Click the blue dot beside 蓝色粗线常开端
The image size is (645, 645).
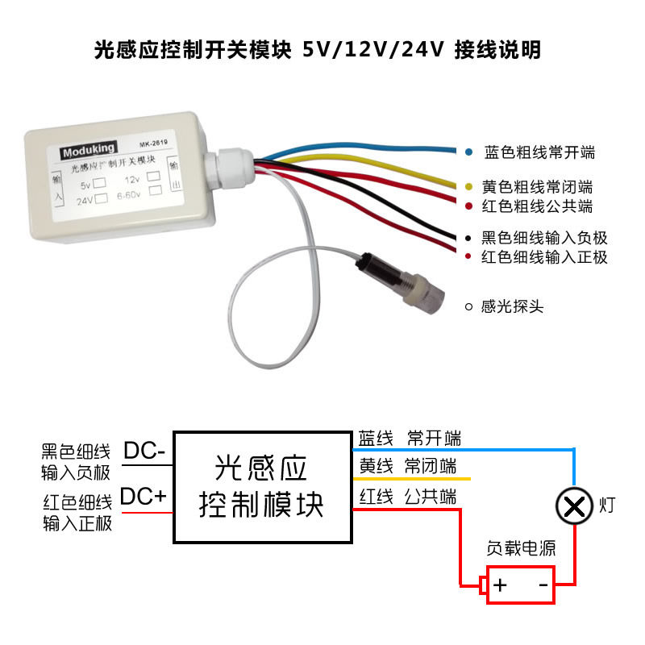(x=468, y=152)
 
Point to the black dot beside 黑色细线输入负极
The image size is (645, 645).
(x=468, y=239)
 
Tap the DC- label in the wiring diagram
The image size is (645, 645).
(x=144, y=451)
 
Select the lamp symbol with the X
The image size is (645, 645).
(x=573, y=506)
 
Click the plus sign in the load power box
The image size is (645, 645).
(x=500, y=585)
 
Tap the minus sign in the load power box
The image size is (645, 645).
(x=543, y=585)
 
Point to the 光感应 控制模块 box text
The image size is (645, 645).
(x=261, y=486)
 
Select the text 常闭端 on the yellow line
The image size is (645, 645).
(x=431, y=466)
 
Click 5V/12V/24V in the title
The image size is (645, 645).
(x=372, y=50)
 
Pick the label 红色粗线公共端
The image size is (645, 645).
(x=538, y=206)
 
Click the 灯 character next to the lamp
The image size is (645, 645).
(x=609, y=506)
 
